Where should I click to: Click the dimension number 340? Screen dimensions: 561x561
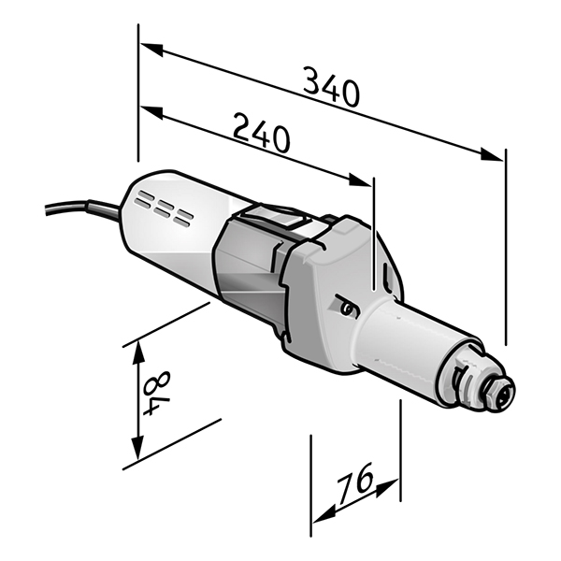pos(331,87)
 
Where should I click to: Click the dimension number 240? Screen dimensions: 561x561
pos(261,133)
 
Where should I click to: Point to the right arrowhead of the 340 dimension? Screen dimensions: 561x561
pos(492,154)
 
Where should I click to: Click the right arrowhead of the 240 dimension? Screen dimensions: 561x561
pos(360,180)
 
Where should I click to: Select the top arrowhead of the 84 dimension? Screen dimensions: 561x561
pos(138,352)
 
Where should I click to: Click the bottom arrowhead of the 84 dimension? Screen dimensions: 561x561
pos(138,448)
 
